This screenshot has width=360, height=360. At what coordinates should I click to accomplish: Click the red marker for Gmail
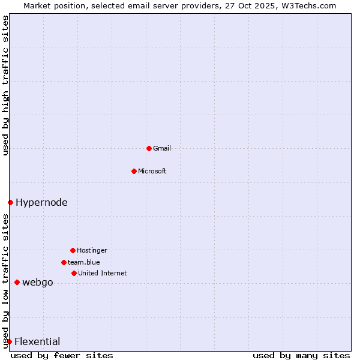pyautogui.click(x=149, y=148)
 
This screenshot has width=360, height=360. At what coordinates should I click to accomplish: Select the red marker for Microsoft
pyautogui.click(x=134, y=171)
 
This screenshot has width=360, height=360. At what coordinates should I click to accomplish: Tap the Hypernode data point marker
pyautogui.click(x=10, y=202)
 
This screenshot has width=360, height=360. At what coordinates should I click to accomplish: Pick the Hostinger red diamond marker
pyautogui.click(x=73, y=250)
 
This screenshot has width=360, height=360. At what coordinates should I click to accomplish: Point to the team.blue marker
pyautogui.click(x=64, y=262)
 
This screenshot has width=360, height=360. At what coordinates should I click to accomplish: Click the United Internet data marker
pyautogui.click(x=74, y=273)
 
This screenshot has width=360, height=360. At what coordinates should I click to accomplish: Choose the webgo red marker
pyautogui.click(x=17, y=282)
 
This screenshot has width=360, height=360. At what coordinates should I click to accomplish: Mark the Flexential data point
pyautogui.click(x=9, y=341)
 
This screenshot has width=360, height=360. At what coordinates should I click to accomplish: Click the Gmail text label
pyautogui.click(x=162, y=148)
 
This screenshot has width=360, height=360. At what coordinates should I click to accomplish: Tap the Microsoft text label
pyautogui.click(x=152, y=171)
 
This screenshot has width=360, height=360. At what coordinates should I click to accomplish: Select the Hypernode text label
pyautogui.click(x=41, y=203)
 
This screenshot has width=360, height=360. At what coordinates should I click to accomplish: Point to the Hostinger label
pyautogui.click(x=92, y=250)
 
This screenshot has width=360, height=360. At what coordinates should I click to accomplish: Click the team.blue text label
pyautogui.click(x=84, y=262)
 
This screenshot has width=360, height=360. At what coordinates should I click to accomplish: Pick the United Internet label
pyautogui.click(x=103, y=273)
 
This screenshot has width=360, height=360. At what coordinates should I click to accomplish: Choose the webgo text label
pyautogui.click(x=38, y=283)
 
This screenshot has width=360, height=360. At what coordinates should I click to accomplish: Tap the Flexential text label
pyautogui.click(x=37, y=342)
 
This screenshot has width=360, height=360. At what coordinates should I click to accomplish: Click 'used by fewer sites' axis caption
pyautogui.click(x=62, y=355)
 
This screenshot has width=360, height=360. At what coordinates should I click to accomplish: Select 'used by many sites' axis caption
pyautogui.click(x=301, y=355)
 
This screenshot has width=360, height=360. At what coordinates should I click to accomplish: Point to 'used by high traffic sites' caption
pyautogui.click(x=5, y=85)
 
